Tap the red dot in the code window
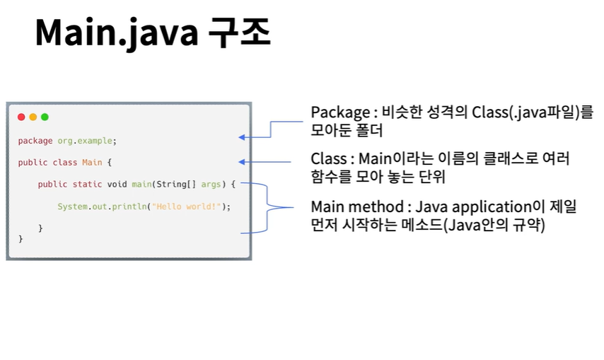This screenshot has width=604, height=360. coord(21,117)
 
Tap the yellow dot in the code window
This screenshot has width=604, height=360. coord(33,117)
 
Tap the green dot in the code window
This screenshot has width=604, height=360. coord(45,117)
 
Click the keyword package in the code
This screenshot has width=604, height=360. coord(35,141)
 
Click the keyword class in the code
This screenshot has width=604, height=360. coord(65,163)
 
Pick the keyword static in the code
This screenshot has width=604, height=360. coord(87,185)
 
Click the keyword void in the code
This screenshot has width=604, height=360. coord(117,185)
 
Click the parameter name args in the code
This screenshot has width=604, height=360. coord(211,185)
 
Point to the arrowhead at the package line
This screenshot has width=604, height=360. coord(242,137)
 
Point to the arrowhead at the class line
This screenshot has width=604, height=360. coord(242,161)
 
